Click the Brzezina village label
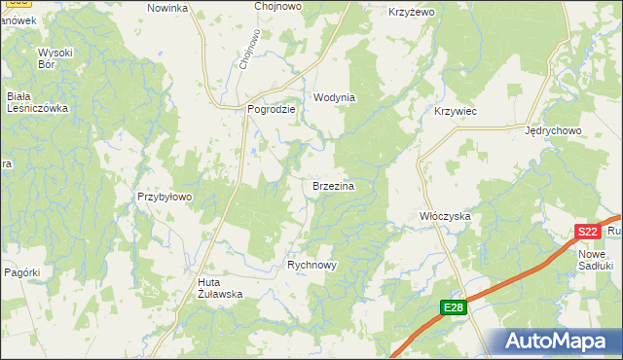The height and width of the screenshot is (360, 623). [x=332, y=185]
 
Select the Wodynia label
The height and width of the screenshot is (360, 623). [x=334, y=98]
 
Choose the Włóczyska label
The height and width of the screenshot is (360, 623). [x=445, y=215]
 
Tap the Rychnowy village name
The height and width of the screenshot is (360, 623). [x=311, y=265]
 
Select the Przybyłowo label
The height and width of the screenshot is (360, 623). [x=165, y=197]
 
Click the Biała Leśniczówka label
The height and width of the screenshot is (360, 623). [x=36, y=102]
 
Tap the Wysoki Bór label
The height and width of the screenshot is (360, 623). [x=55, y=58]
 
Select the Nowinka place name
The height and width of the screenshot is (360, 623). [x=166, y=8]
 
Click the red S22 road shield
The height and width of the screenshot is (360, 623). [x=586, y=232]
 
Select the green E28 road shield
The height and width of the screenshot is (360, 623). [x=454, y=308]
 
